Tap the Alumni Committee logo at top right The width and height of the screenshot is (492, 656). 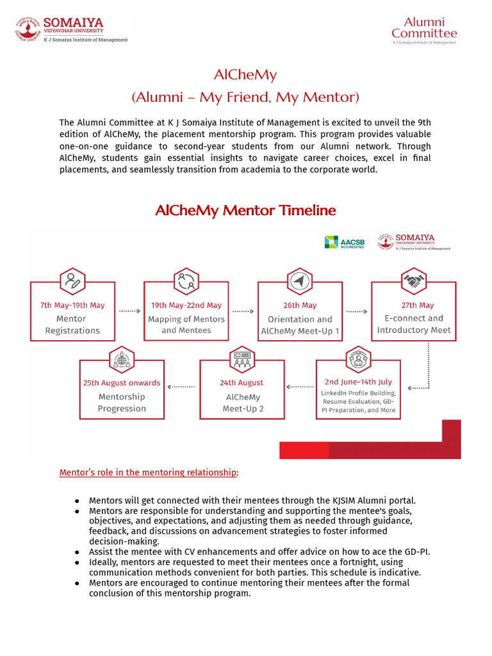coord(424,30)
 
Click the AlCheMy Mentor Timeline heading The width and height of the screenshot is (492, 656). coord(245,210)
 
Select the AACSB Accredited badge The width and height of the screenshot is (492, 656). coord(345,242)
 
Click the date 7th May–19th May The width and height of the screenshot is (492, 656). coord(72,305)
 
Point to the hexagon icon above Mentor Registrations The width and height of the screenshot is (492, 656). coord(72,281)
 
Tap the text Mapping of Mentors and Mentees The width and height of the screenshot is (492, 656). coord(186,325)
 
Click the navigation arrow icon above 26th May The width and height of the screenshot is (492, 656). coord(300,281)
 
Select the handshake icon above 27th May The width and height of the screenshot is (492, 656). coord(414,281)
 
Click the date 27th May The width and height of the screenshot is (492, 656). coord(414,305)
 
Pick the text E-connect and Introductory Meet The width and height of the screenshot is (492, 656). coord(414,324)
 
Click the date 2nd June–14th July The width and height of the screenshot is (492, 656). coord(358,382)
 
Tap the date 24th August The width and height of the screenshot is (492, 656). coord(242,382)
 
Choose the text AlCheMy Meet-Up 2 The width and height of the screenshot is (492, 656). coord(242,402)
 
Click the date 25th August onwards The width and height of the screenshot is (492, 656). coord(122,382)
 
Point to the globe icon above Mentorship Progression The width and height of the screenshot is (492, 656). coord(122,359)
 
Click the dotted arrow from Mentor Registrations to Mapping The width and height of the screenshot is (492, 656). coord(129,311)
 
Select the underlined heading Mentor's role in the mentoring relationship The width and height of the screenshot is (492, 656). coord(149,473)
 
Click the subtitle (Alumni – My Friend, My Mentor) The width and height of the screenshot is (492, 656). coord(245,97)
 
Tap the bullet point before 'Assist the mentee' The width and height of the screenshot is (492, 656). coord(77,551)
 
